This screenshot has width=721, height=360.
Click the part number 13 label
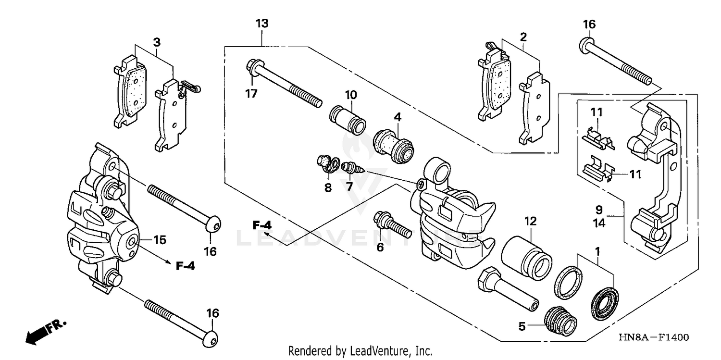coord(262,23)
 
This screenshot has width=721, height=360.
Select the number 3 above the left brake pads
coord(156,42)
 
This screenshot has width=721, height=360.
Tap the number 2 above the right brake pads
coord(523,37)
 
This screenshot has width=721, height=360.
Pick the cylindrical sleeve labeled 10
coord(347,118)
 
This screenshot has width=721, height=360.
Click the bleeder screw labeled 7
coord(352,169)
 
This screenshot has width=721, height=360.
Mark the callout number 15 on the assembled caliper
coord(160,240)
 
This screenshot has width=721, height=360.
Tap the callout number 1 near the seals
coord(597,250)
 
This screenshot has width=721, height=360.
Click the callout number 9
coord(599,210)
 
